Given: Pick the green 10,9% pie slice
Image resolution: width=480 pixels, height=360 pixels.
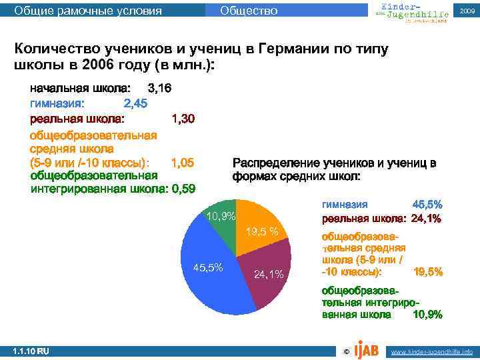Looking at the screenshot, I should click(220, 217).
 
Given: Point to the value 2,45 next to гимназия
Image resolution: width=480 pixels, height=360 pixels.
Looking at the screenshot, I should click(136, 103).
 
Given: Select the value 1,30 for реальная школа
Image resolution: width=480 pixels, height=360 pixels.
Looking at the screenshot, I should click(183, 119).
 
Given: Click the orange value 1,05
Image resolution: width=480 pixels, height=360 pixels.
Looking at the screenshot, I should click(183, 162).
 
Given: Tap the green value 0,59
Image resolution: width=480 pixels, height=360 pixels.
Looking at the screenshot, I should click(183, 189).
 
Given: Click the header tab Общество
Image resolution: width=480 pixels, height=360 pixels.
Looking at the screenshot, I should click(248, 11).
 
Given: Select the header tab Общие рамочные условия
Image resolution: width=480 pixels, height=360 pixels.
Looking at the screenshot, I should click(88, 11).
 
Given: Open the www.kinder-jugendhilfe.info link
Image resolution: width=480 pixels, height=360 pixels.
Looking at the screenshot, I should click(431, 351).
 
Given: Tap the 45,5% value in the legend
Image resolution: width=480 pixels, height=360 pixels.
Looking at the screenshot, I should click(427, 205).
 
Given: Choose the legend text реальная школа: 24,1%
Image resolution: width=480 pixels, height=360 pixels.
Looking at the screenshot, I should click(381, 219).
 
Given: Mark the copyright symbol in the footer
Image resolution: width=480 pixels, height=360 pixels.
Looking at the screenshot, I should click(345, 351).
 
